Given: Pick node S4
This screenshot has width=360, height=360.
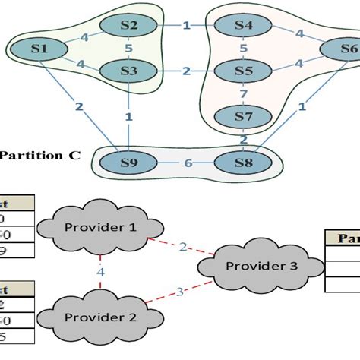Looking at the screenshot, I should [x=243, y=26].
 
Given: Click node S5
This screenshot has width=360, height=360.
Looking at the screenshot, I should [x=243, y=71].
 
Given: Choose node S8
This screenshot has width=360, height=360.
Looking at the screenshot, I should [x=243, y=162].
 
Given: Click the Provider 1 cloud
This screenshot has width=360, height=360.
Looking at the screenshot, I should [x=100, y=228].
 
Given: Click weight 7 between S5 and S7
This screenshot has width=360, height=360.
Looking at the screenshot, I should [x=244, y=94].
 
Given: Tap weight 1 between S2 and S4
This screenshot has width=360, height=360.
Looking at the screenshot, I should [x=186, y=27].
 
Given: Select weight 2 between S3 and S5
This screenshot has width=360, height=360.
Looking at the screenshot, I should [x=186, y=71].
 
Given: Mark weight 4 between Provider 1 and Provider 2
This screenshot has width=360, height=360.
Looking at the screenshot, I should [x=100, y=271].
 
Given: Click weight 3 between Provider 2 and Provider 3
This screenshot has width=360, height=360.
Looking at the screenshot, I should [x=180, y=290].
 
